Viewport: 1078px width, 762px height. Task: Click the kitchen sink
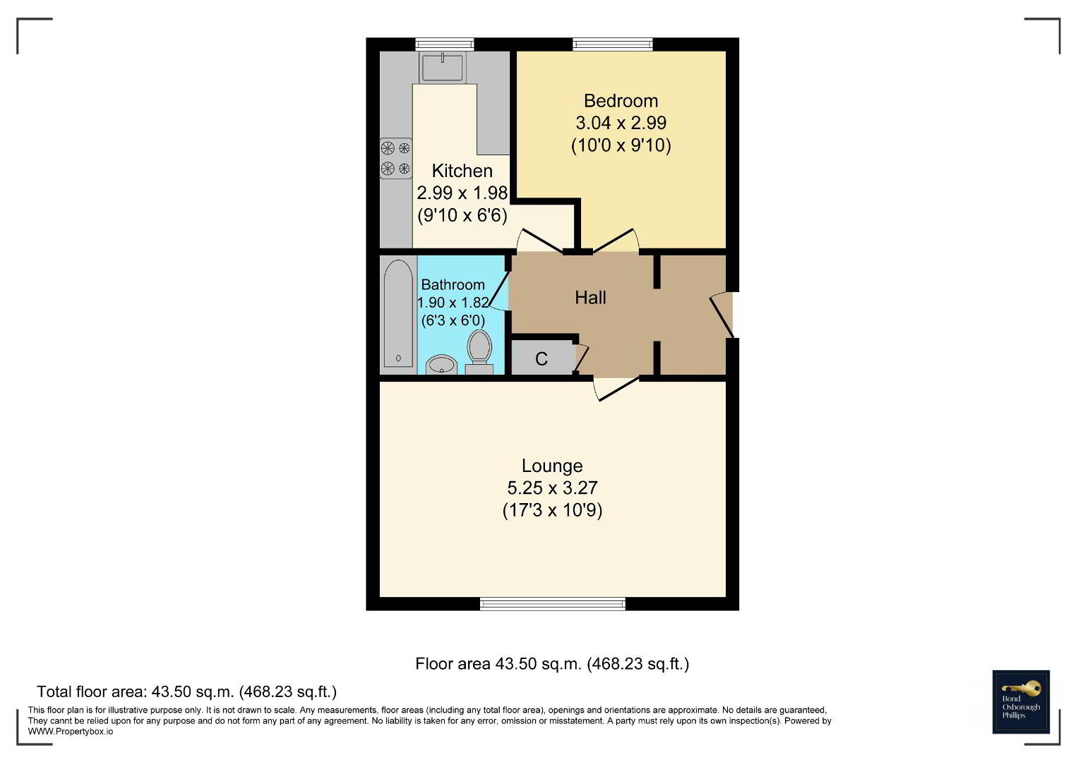tap(442, 67)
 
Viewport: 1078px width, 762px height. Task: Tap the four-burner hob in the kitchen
tap(396, 158)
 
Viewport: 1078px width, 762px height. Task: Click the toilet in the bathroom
tap(479, 351)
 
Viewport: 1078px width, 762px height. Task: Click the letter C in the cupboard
tap(541, 359)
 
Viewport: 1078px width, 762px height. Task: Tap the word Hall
tap(590, 298)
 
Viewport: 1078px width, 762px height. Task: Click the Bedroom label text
tap(621, 101)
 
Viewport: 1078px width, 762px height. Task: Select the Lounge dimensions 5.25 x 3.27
tap(553, 488)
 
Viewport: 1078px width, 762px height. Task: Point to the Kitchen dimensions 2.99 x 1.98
tap(462, 193)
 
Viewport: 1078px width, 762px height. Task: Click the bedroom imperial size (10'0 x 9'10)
tap(621, 145)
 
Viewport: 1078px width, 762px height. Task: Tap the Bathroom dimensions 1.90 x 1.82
tap(453, 303)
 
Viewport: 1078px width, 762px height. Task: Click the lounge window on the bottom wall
tap(553, 604)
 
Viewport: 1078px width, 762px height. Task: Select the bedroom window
tap(613, 44)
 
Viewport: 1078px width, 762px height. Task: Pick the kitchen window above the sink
tap(445, 44)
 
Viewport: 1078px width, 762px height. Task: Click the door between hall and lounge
tap(616, 389)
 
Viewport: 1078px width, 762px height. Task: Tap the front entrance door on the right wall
tap(722, 315)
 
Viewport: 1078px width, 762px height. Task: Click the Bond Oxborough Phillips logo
tap(1021, 702)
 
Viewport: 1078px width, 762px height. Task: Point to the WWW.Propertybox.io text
tap(71, 732)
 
